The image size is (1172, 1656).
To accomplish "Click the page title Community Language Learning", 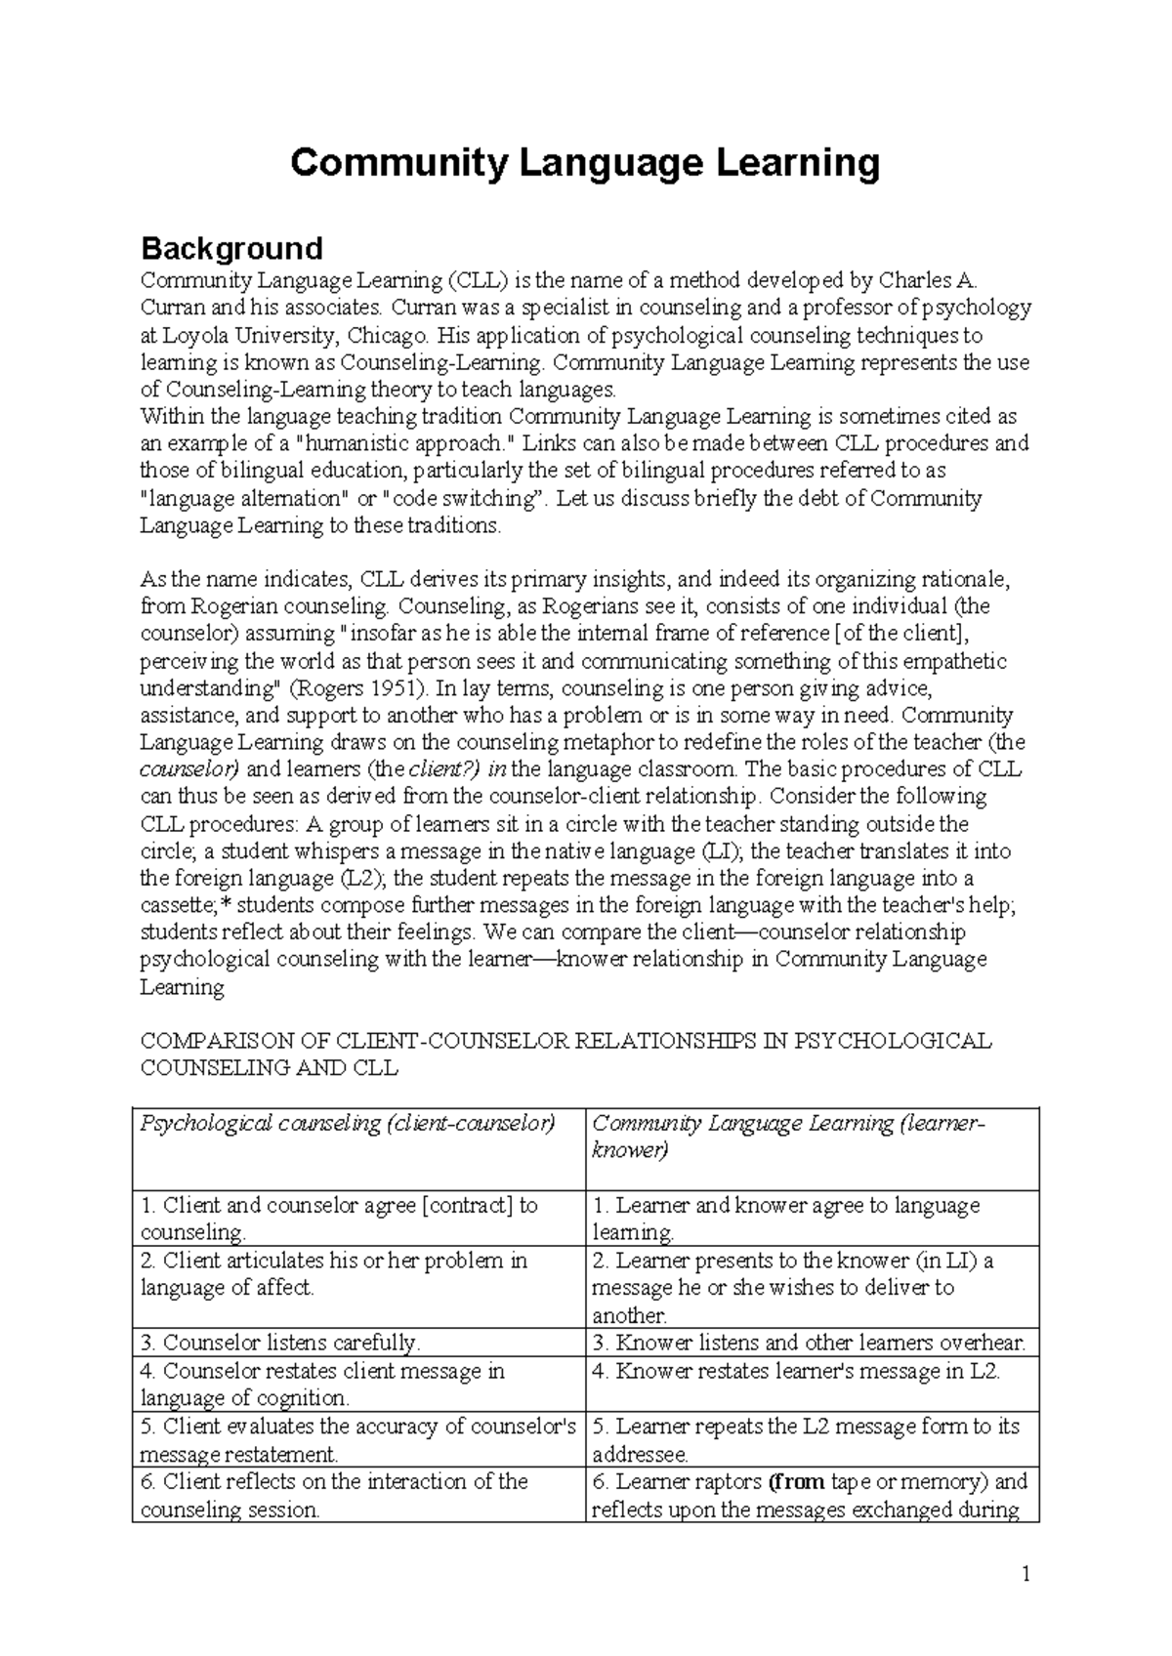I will click(585, 163).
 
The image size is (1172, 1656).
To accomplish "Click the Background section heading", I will click(231, 248).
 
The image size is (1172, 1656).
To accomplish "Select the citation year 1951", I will click(402, 688).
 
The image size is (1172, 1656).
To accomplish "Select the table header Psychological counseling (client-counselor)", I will click(348, 1124).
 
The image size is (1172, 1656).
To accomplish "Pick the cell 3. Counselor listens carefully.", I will click(280, 1343).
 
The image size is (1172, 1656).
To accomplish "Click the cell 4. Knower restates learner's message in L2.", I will click(796, 1371).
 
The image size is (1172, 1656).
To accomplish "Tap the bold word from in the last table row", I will click(798, 1481).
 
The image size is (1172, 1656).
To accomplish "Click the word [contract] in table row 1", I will click(467, 1206).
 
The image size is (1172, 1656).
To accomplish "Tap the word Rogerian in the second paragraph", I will click(226, 606).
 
